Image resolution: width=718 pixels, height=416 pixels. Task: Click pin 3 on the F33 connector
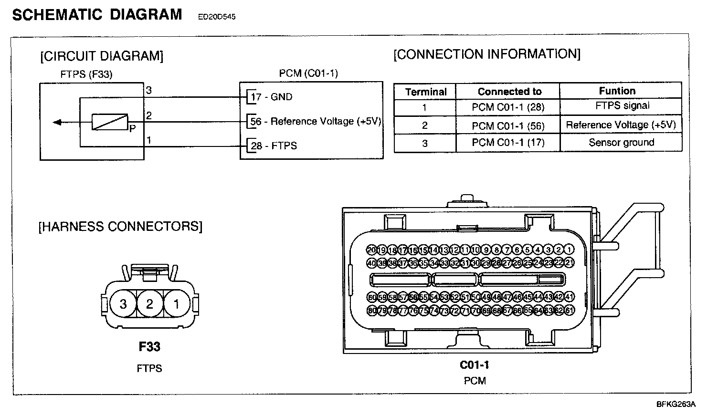pos(123,304)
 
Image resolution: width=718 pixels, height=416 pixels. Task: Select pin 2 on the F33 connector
pos(149,304)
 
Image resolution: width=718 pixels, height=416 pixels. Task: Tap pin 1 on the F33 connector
pos(176,304)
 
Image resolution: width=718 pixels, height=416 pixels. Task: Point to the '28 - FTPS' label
pos(274,146)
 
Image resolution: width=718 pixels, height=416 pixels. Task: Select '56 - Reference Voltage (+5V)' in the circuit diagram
pos(316,122)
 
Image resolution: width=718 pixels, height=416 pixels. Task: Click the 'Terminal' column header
pos(426,92)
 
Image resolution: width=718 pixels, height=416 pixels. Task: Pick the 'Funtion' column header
pos(617,91)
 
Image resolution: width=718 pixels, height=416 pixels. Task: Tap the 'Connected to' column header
pos(509,92)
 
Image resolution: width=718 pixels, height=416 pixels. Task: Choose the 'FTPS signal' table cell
pos(623,106)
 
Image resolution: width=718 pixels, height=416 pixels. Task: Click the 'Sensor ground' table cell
pos(622,143)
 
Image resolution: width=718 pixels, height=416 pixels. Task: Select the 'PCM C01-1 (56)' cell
pos(508,126)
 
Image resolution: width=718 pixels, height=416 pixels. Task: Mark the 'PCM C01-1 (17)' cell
pos(508,143)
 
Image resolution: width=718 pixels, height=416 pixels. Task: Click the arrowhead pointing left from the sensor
pos(57,123)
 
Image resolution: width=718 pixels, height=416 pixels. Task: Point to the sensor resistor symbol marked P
pos(110,122)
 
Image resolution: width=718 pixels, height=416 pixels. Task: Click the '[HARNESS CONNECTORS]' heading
pos(120,226)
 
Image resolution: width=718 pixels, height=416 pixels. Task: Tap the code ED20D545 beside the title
pos(217,17)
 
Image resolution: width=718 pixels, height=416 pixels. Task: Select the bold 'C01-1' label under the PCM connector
pos(475,365)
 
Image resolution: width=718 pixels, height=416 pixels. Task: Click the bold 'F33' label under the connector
pos(149,347)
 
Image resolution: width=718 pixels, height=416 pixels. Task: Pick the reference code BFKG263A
pos(676,405)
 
